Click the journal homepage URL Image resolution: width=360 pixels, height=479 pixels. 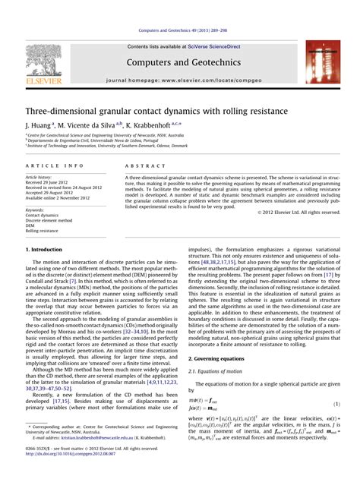tap(180, 79)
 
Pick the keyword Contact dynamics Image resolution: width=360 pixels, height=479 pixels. tap(43, 215)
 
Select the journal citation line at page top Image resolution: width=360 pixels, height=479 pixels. tap(179, 31)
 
